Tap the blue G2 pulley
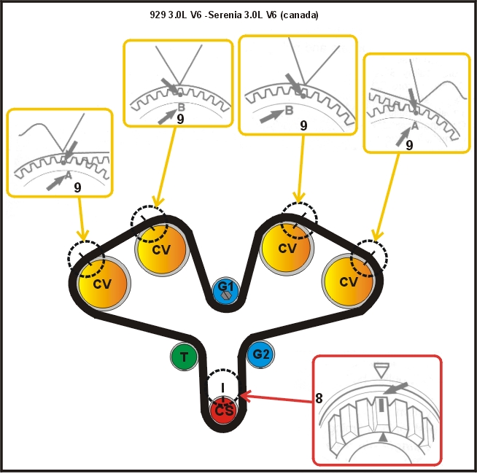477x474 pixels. pyautogui.click(x=260, y=355)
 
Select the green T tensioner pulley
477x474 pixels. pyautogui.click(x=184, y=357)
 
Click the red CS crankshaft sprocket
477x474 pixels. pyautogui.click(x=223, y=411)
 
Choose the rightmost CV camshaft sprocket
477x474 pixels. pyautogui.click(x=349, y=281)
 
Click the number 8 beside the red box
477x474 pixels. pyautogui.click(x=319, y=399)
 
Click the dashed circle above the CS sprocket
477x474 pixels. pyautogui.click(x=224, y=384)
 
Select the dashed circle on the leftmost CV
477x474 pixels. pyautogui.click(x=86, y=255)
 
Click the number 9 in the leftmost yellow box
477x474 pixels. pyautogui.click(x=78, y=187)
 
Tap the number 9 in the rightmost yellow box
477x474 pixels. pyautogui.click(x=409, y=145)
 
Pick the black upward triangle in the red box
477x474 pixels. pyautogui.click(x=383, y=437)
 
